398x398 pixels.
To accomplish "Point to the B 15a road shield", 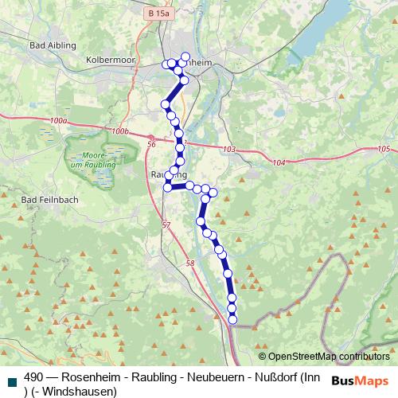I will [x=159, y=14].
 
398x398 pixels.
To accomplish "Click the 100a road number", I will [x=57, y=119].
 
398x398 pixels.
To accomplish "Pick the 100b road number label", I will [x=120, y=131].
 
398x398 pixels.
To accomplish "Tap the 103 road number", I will [x=230, y=150].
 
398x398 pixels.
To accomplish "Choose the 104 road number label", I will [x=278, y=162].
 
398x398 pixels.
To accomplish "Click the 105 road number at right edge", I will [x=384, y=149].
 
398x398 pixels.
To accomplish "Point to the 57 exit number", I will [x=166, y=226].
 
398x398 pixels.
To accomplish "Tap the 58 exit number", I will [x=189, y=263].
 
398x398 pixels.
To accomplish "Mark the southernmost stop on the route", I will [x=233, y=320].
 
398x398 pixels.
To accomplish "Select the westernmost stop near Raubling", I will [x=167, y=188].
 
